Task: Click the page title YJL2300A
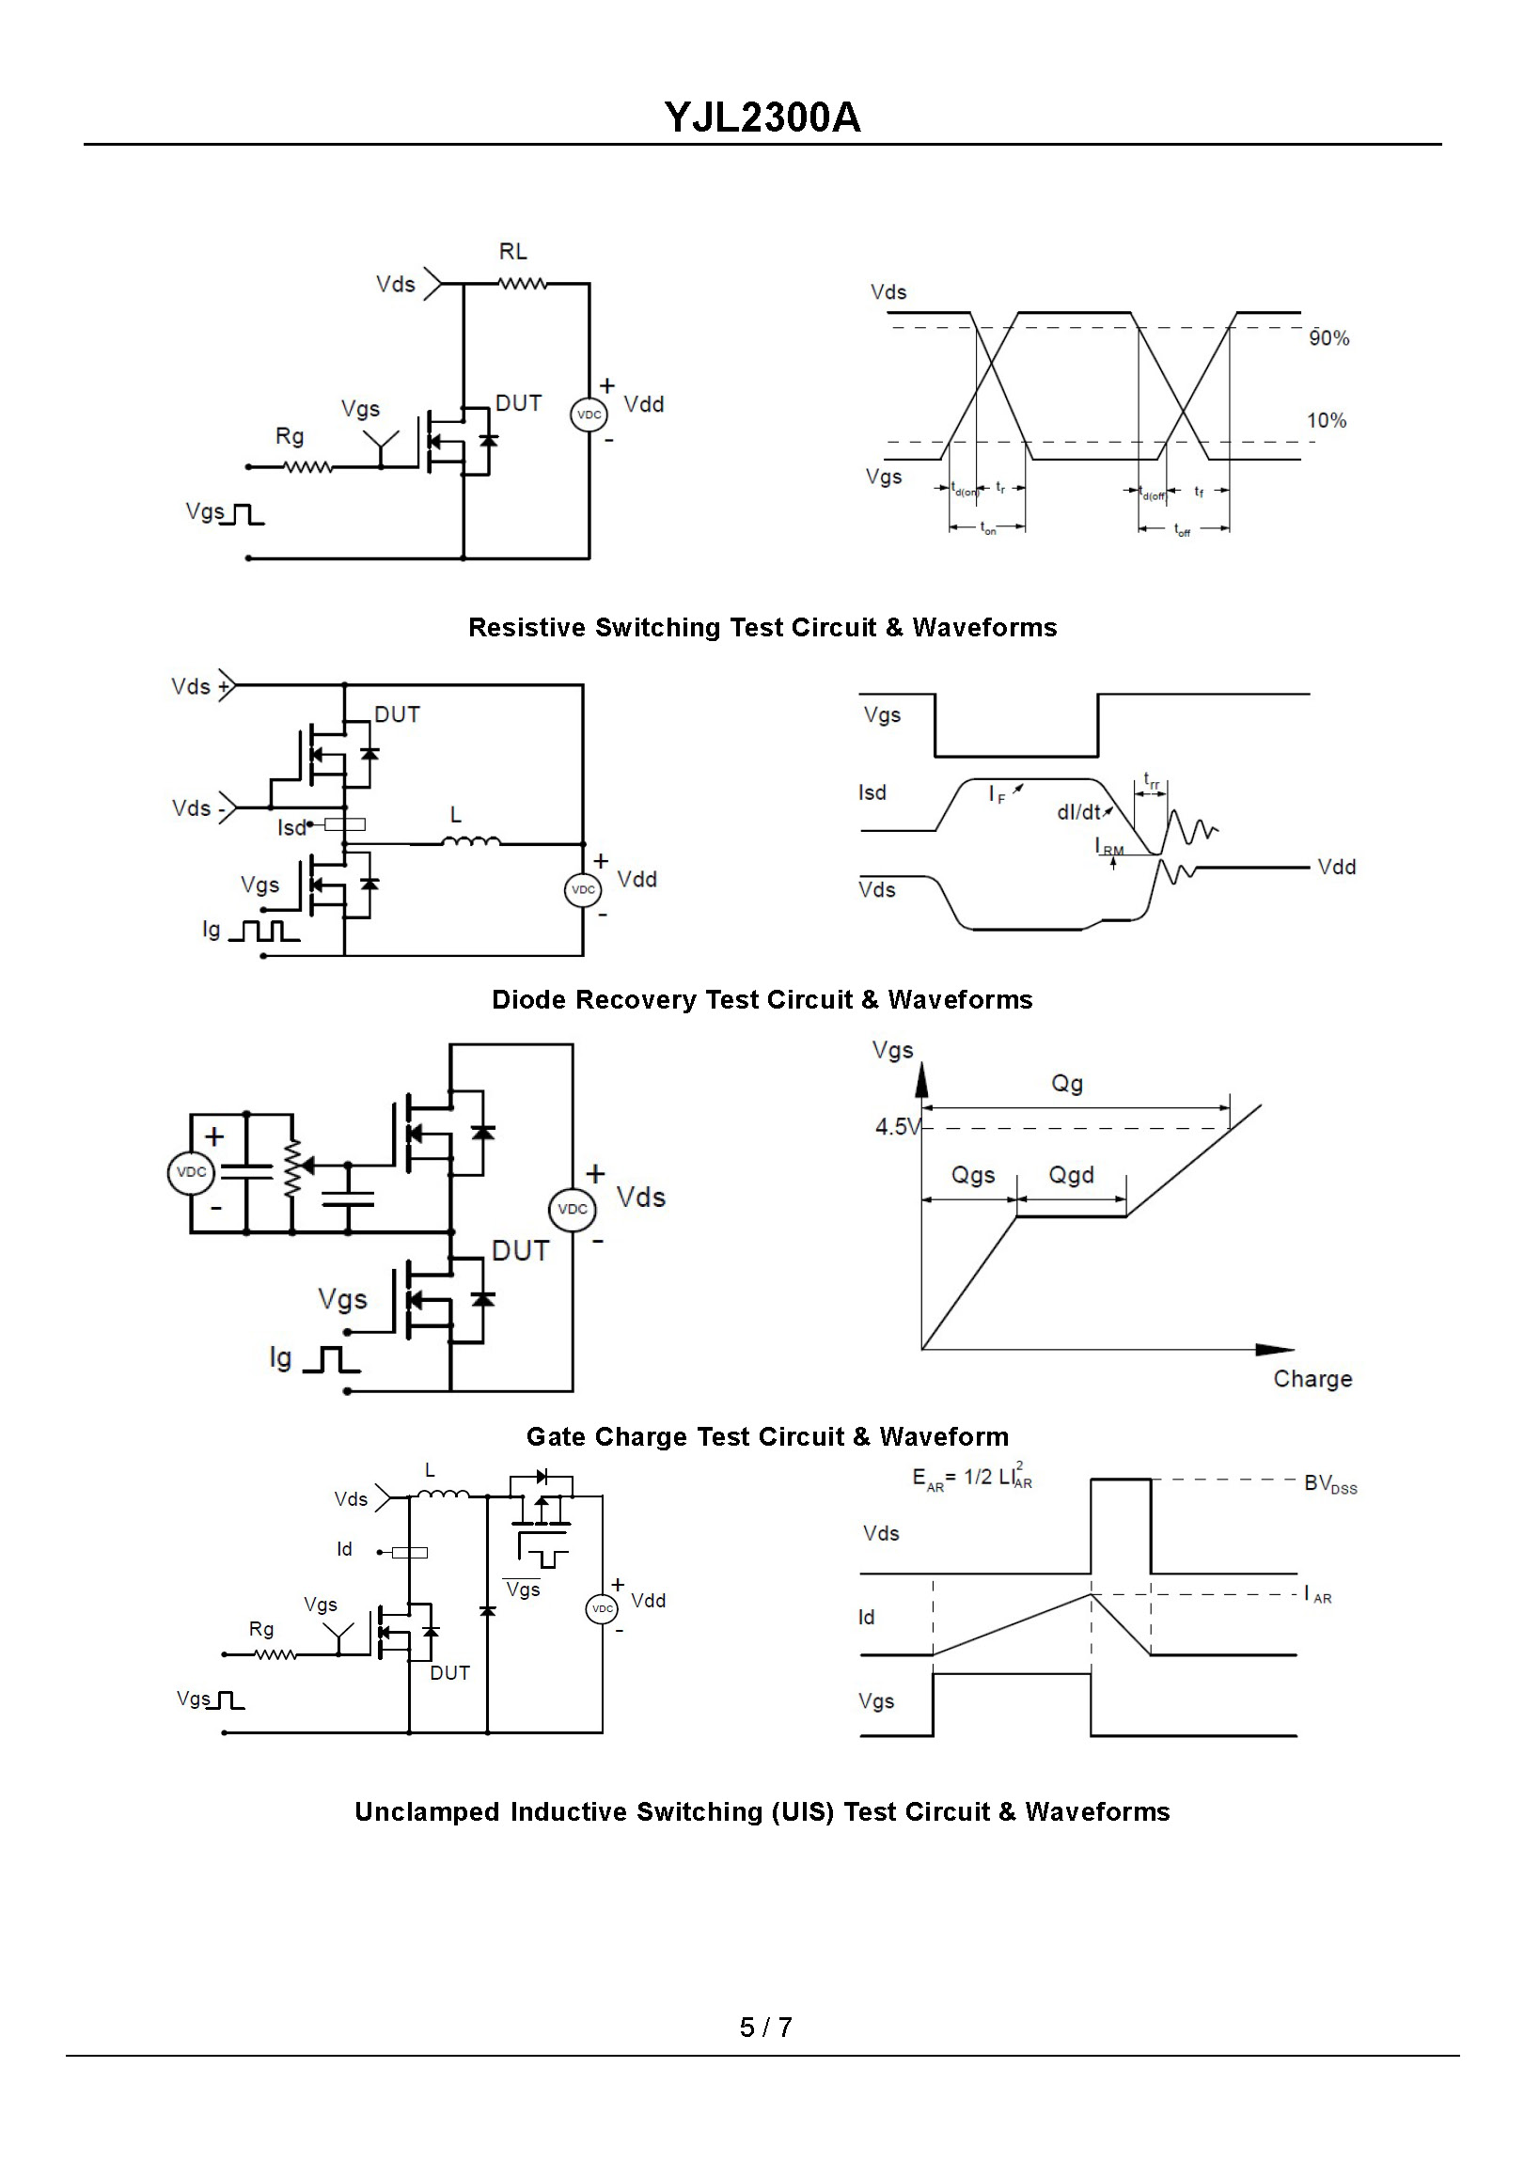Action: coord(762,117)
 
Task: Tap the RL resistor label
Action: coord(513,251)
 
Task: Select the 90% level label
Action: coord(1328,338)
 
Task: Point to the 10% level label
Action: coord(1327,421)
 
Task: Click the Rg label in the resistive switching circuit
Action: coord(290,436)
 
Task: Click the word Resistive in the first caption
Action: coord(527,628)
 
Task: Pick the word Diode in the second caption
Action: coord(529,1000)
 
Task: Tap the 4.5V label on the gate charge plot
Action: coord(897,1127)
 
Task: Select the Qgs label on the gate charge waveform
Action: coord(973,1176)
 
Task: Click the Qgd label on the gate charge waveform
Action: coord(1072,1176)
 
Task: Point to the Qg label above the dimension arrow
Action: coord(1067,1084)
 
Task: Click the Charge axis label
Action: coord(1312,1380)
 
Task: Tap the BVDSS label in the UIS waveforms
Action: coord(1330,1485)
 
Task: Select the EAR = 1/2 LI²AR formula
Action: coord(972,1479)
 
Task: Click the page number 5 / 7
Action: coord(766,2028)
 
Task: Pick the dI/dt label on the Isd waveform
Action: coord(1079,812)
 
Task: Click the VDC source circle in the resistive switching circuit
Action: coord(589,415)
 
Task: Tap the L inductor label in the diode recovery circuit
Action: coord(456,815)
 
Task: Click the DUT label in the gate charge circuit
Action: coord(521,1251)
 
